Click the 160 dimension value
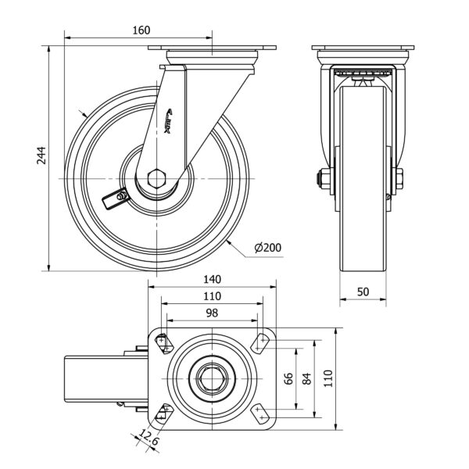click(x=141, y=30)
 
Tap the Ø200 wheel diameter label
click(x=267, y=248)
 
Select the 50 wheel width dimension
click(x=363, y=291)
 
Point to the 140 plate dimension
click(x=212, y=279)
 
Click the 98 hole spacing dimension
click(x=212, y=313)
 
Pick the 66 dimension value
click(x=288, y=379)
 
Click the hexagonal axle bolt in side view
click(x=157, y=177)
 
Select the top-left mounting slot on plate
click(x=163, y=341)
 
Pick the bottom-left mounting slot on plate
click(x=163, y=412)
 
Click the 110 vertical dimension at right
click(x=328, y=379)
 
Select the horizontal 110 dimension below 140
click(x=212, y=296)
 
